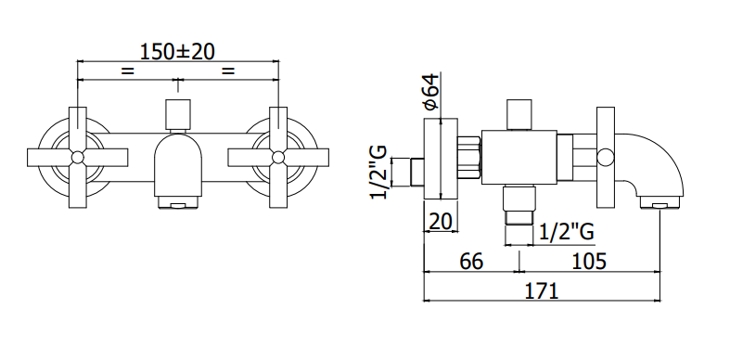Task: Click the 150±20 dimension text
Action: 177,51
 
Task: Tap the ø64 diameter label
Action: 431,91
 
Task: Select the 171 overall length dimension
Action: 541,291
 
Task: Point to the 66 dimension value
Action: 471,262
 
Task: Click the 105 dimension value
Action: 589,262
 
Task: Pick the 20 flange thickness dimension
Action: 441,222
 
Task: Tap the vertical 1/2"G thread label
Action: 378,172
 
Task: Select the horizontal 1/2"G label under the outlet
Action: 567,231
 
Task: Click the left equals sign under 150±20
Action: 128,71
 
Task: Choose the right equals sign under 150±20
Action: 228,71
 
